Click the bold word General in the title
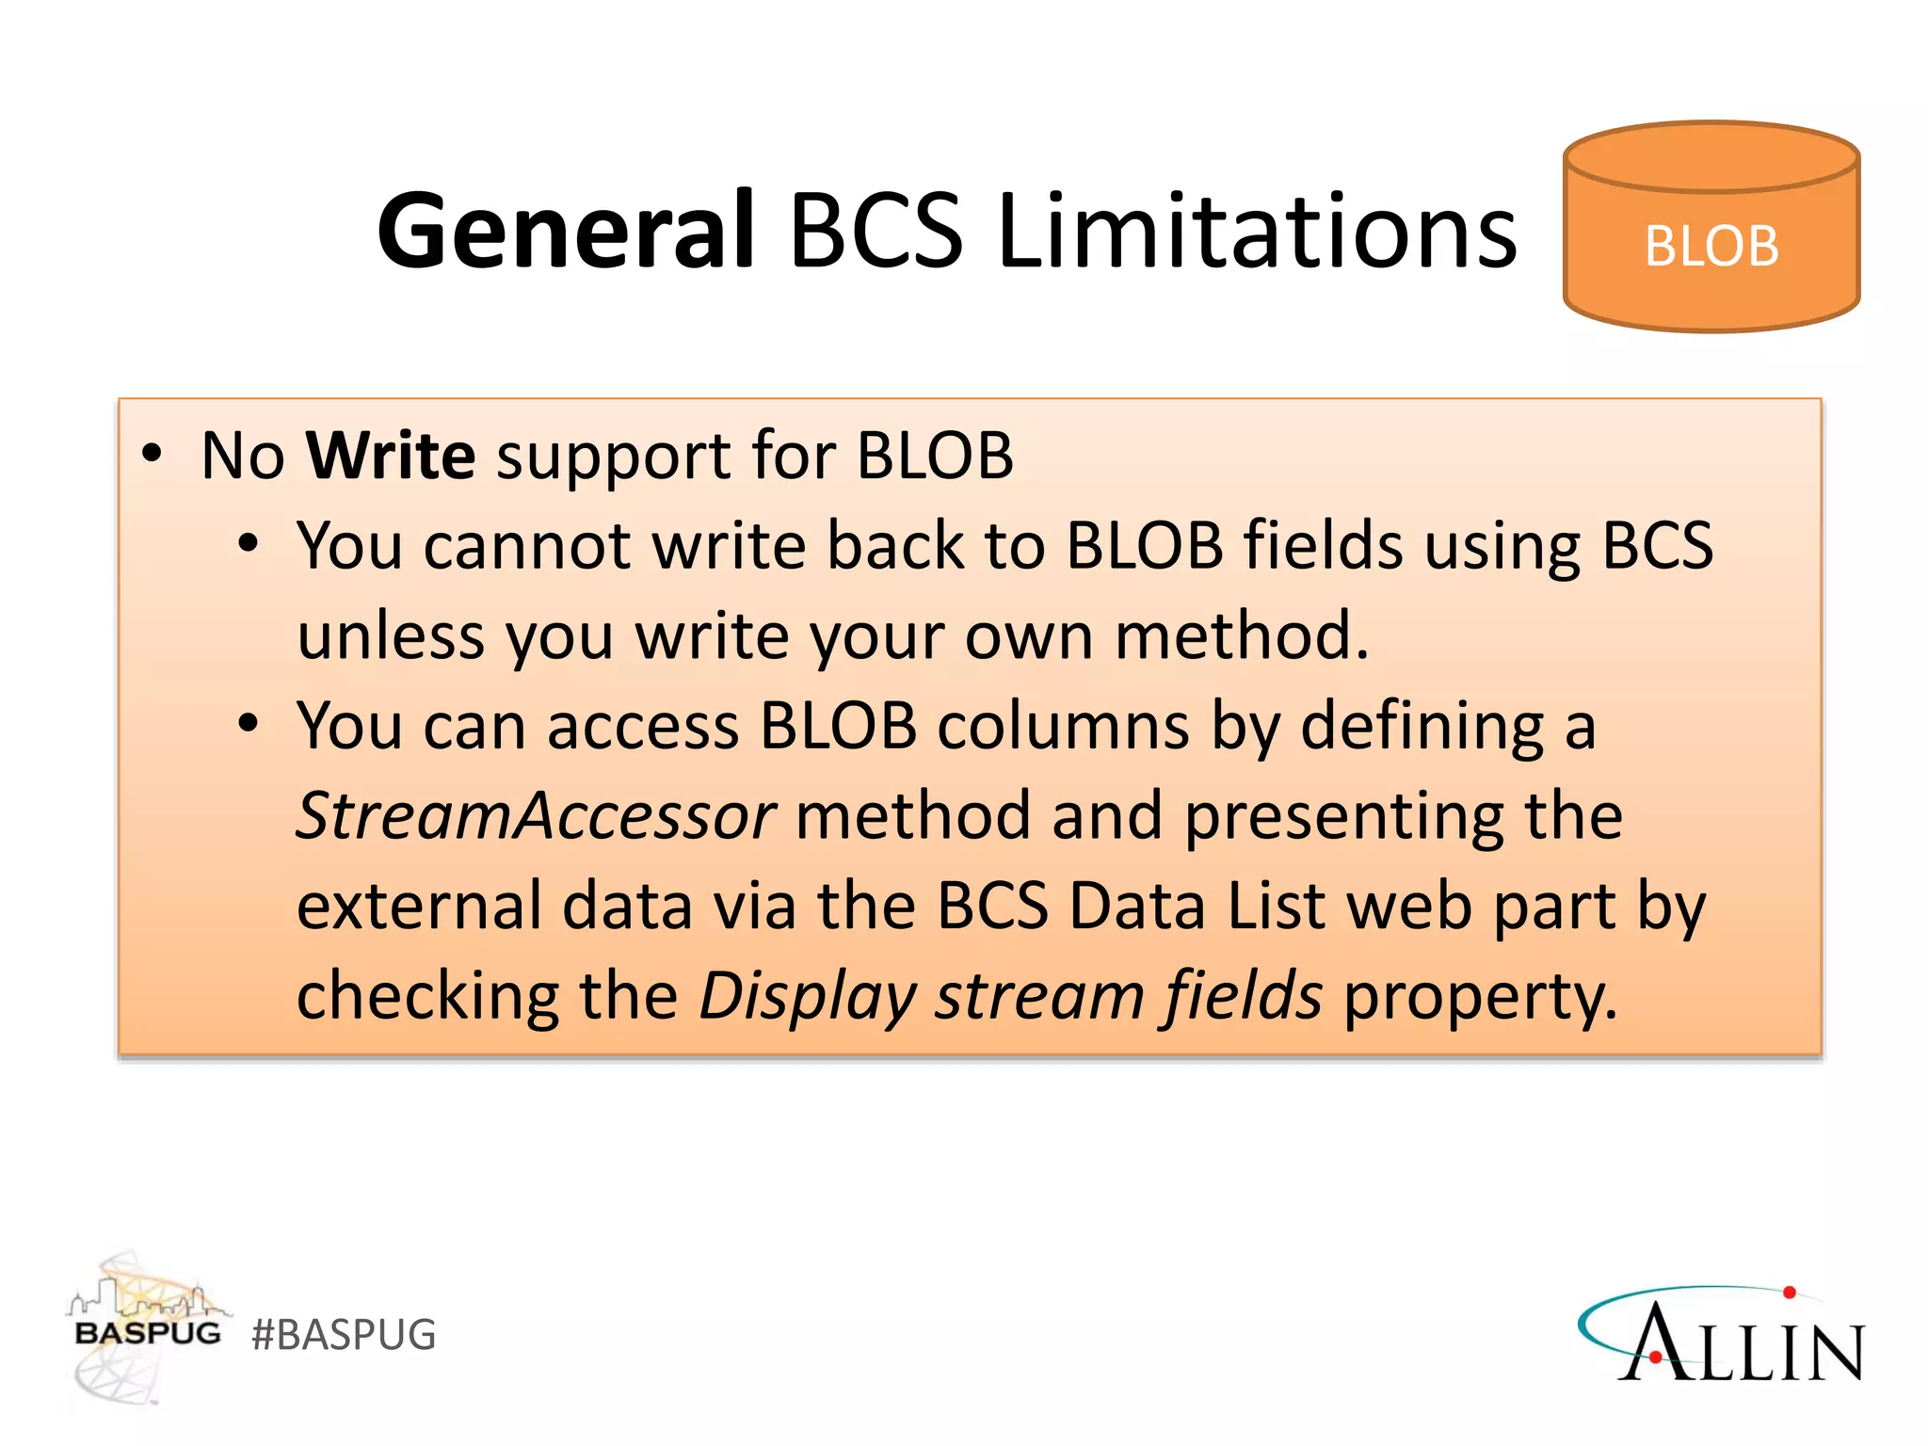coord(565,231)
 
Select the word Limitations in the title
coord(1257,231)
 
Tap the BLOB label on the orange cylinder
coord(1711,247)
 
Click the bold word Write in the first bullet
coord(391,456)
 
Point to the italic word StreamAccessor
coord(536,815)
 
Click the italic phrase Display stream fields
coord(1010,996)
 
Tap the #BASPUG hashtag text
coord(344,1335)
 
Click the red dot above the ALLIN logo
coord(1790,1293)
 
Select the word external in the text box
coord(419,906)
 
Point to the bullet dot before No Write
coord(152,455)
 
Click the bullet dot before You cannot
coord(248,544)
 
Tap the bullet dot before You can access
coord(248,724)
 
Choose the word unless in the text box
coord(390,636)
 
